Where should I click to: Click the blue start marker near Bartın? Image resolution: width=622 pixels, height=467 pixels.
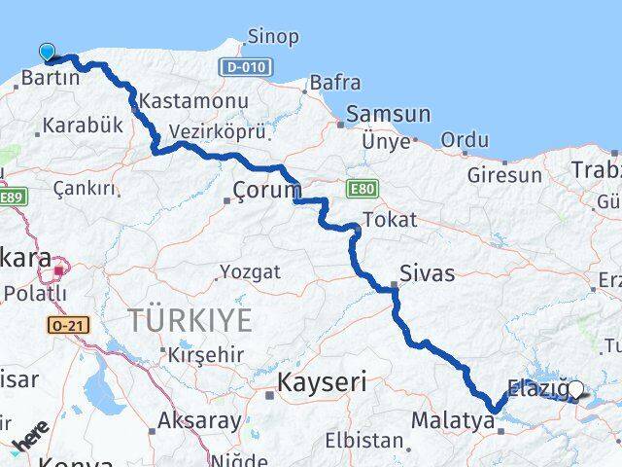47,52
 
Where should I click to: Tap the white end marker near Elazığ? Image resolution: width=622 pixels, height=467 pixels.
575,390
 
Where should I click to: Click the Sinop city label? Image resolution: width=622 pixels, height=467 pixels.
273,37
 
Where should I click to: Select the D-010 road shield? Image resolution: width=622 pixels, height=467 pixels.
243,67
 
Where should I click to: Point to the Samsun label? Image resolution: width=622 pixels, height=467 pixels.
388,114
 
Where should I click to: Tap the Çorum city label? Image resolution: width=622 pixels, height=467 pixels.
265,190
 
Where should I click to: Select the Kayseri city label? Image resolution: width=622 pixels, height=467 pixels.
322,382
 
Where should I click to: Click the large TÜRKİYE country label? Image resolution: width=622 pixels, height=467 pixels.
190,319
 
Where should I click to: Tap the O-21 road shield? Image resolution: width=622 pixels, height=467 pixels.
67,324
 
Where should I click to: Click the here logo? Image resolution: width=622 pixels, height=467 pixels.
29,437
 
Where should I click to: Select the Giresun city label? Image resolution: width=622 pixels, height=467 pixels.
504,175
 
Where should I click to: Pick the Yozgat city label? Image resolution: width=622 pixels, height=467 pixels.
249,270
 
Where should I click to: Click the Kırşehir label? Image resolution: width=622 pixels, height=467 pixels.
206,355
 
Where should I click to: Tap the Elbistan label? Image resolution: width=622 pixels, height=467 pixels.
364,440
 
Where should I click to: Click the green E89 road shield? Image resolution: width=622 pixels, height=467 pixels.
12,198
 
